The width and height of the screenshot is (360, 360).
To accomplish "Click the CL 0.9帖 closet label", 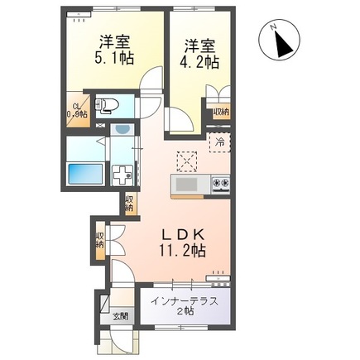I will click(77, 110).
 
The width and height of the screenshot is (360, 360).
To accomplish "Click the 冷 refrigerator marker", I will click(220, 142).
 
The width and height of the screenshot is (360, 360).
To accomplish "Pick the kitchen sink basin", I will click(187, 183).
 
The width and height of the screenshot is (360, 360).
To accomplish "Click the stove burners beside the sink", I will click(219, 182).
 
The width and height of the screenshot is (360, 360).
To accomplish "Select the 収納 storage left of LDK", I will click(100, 241).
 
